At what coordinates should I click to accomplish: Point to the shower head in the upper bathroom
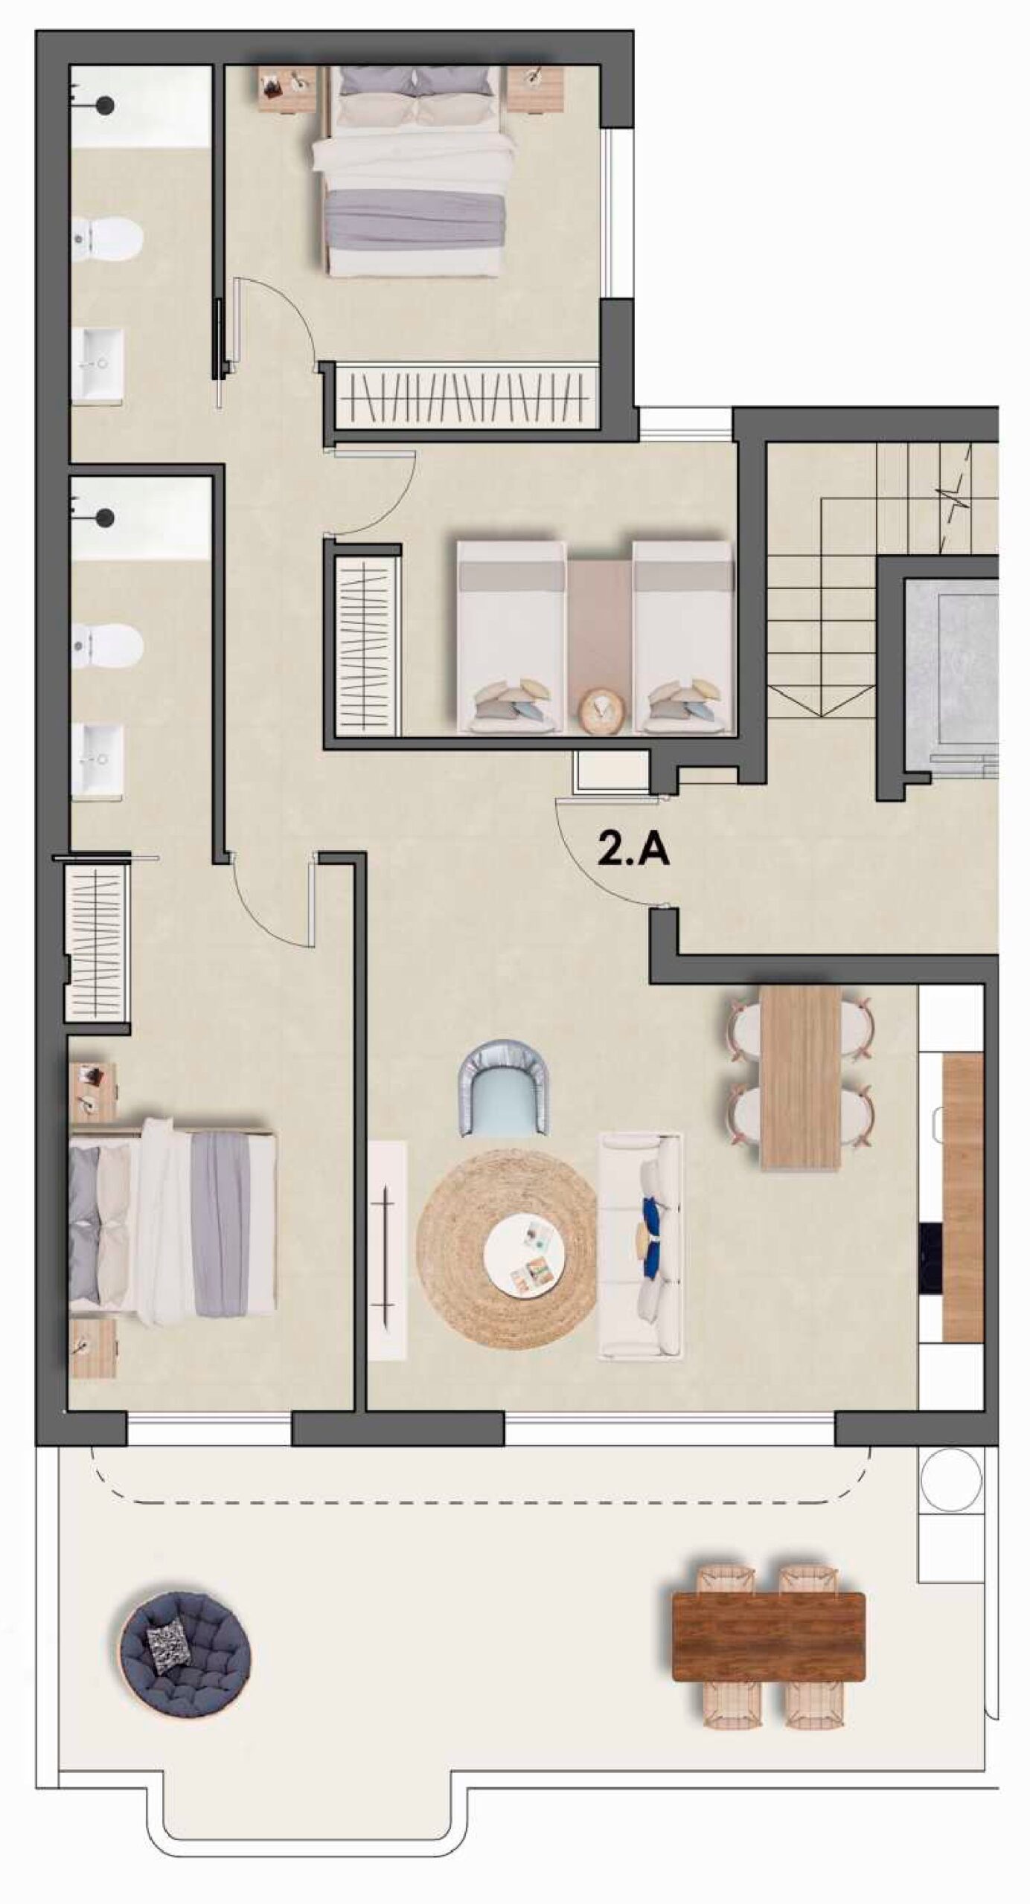point(106,106)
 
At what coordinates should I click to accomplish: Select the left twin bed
point(511,637)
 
